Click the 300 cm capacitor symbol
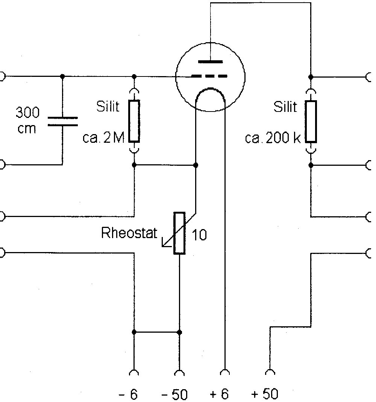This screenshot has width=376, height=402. click(x=62, y=121)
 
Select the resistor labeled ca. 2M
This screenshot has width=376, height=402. click(x=134, y=121)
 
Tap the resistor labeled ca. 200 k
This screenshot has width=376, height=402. click(x=311, y=121)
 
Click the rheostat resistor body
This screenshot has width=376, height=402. click(x=179, y=233)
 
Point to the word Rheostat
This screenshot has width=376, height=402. click(x=129, y=233)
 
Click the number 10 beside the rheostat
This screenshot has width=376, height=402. click(x=199, y=236)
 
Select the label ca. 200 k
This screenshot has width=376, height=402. click(x=273, y=138)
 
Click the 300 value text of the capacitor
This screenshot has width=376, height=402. click(x=27, y=112)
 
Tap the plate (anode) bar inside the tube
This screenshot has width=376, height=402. click(x=211, y=61)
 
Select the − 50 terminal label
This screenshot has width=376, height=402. click(x=174, y=394)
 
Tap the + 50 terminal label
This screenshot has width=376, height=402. click(x=265, y=394)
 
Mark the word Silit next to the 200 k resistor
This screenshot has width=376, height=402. click(x=285, y=107)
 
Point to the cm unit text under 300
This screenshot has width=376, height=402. click(x=27, y=128)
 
